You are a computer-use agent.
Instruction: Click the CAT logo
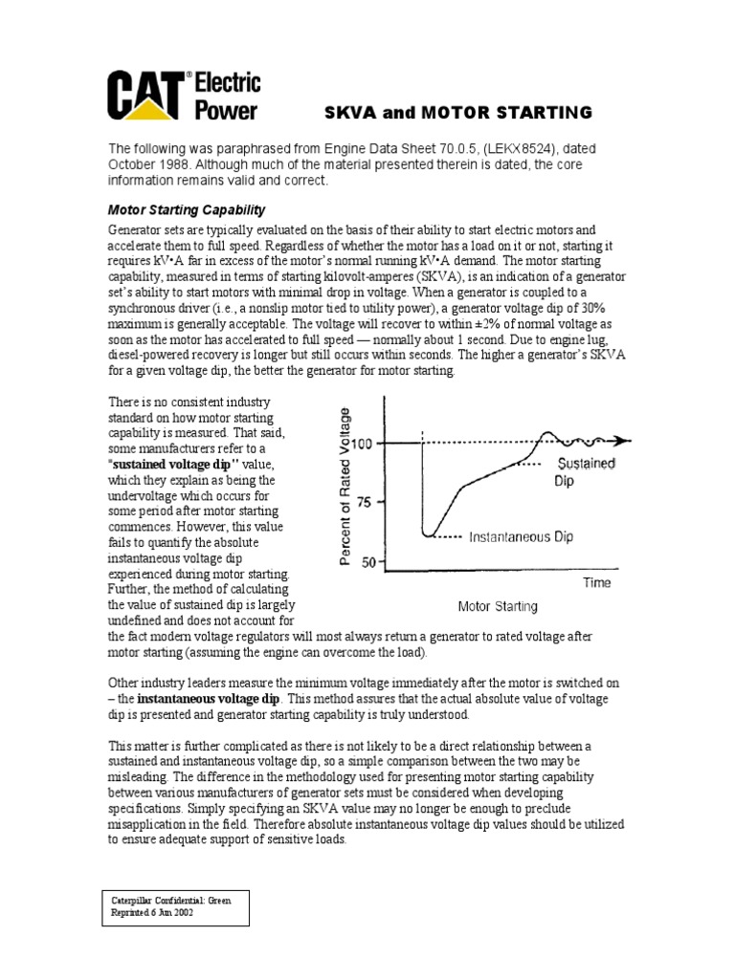147,97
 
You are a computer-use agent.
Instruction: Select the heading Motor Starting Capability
186,209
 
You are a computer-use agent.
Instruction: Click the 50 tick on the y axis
369,562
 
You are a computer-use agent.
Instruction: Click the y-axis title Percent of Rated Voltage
345,486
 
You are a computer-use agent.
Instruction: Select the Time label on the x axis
597,582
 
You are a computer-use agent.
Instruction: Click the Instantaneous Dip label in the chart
521,537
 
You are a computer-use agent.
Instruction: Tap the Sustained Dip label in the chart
585,472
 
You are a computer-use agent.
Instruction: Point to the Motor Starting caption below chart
498,606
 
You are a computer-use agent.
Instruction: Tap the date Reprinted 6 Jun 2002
153,913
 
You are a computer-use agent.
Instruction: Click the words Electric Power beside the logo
227,97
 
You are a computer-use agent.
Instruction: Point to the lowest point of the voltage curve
431,534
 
